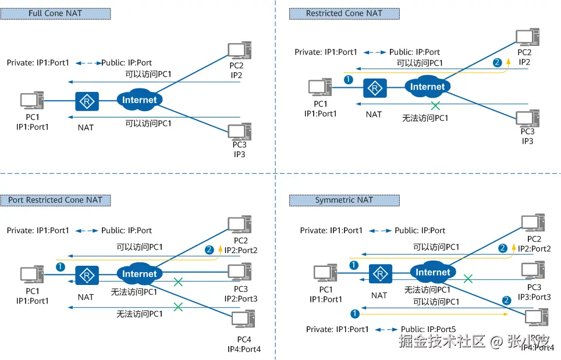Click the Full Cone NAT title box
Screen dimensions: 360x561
pos(55,13)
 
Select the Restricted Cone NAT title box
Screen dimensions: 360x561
pos(344,13)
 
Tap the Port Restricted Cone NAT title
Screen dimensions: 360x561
pos(55,200)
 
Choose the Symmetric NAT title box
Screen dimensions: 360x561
pos(344,200)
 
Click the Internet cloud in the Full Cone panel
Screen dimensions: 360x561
pos(140,100)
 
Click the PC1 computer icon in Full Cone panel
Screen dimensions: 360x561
pos(32,101)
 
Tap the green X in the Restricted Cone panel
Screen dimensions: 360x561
pos(435,105)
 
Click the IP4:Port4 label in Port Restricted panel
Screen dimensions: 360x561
pos(243,349)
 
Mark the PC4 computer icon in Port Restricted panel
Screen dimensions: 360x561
pos(242,320)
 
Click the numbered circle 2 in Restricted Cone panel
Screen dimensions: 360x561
pos(497,62)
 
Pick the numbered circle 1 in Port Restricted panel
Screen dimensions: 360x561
pos(60,266)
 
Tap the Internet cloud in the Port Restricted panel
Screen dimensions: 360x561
pos(140,274)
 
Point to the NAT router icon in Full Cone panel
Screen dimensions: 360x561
pos(87,102)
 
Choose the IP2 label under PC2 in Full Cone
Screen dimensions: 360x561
pos(236,75)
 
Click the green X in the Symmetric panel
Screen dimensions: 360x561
pos(467,279)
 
